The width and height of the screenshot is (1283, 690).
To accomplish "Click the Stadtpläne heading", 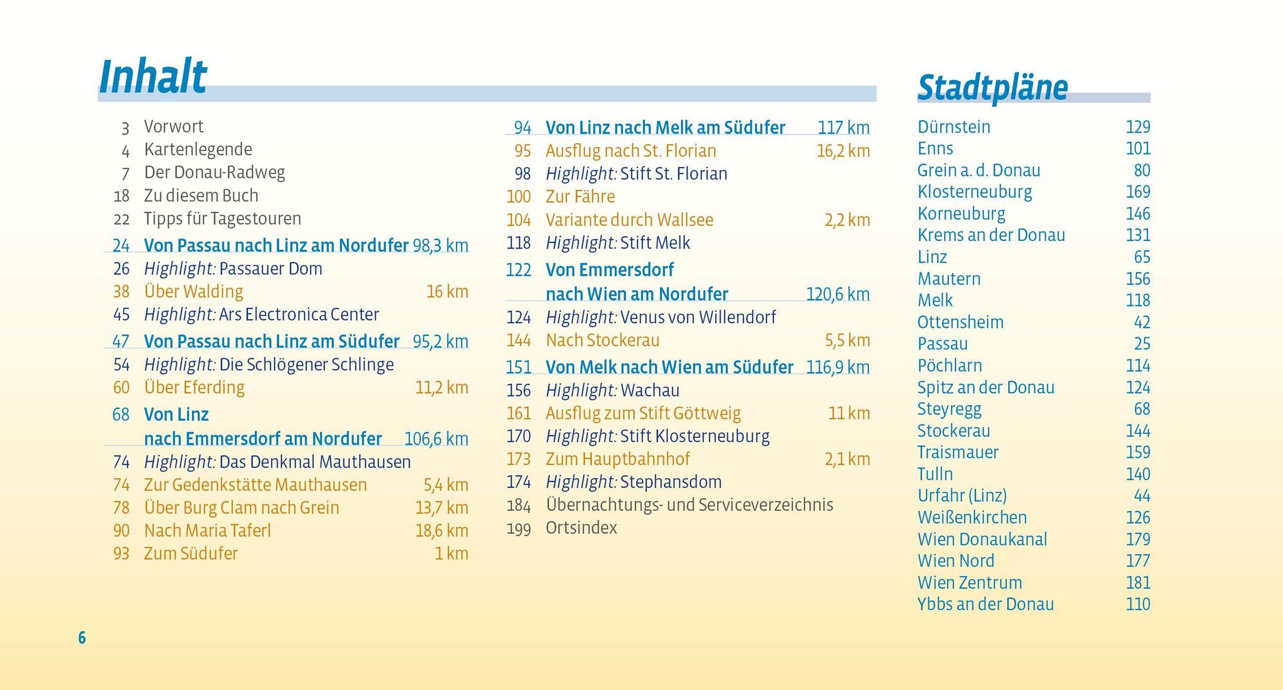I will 992,88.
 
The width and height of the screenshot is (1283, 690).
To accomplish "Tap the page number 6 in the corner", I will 82,638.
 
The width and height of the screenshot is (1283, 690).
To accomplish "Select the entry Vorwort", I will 173,127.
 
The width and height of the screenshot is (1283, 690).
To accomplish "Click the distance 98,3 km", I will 440,245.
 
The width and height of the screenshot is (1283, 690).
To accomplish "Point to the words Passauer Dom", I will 270,268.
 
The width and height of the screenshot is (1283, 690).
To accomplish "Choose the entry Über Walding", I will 194,291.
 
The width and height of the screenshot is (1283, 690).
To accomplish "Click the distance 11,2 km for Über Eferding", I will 441,387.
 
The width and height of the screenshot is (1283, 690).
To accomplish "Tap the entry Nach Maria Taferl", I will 207,530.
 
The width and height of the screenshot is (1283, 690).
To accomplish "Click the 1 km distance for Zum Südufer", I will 451,553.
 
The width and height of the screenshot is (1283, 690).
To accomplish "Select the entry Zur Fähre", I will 580,197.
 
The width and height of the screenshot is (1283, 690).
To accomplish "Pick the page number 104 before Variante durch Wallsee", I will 518,220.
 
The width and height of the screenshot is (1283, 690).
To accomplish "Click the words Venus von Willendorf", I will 698,317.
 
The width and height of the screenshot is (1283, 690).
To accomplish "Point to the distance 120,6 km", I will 837,294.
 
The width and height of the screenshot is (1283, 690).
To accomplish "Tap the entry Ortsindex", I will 581,528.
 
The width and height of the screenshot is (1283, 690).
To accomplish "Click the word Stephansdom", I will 670,482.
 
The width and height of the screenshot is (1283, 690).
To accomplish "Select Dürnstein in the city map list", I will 954,127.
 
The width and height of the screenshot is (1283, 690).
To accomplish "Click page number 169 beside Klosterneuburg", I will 1138,191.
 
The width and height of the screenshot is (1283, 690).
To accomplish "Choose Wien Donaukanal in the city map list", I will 982,539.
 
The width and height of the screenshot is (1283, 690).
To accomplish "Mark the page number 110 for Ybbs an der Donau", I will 1138,604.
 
